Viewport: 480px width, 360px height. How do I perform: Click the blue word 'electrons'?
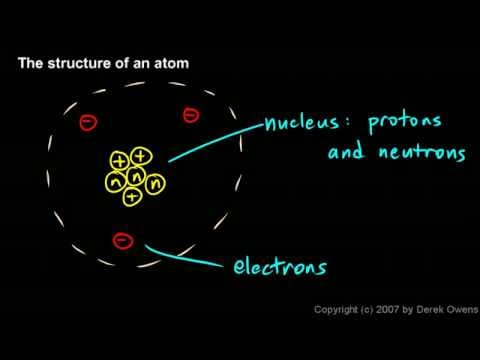280,266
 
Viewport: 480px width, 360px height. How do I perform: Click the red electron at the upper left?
88,123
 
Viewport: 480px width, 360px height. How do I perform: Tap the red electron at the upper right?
190,117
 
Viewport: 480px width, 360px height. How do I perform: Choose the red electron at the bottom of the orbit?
122,239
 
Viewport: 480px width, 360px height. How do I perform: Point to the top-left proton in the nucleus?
120,160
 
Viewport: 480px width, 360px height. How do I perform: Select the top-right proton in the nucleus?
141,157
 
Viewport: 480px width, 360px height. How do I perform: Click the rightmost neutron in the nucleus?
154,183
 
